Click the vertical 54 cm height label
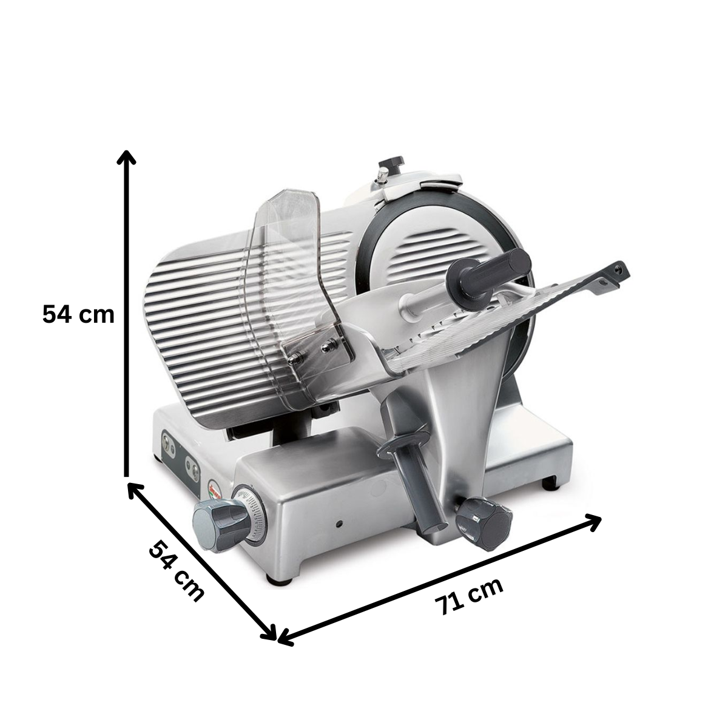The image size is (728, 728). pyautogui.click(x=78, y=315)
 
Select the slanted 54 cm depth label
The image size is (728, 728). pyautogui.click(x=176, y=571)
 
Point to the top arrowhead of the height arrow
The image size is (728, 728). pyautogui.click(x=127, y=157)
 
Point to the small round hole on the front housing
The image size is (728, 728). pyautogui.click(x=340, y=522)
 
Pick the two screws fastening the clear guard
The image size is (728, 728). pyautogui.click(x=312, y=350)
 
